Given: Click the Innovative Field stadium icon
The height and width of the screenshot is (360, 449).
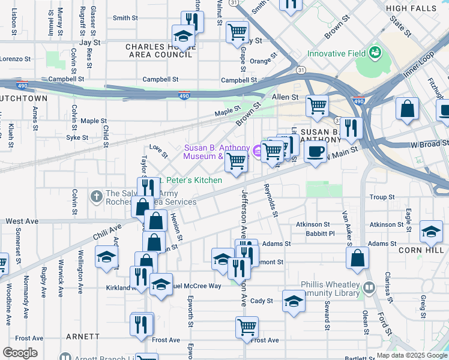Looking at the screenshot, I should coord(376,53).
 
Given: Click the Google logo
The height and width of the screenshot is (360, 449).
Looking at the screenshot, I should coord(20,353).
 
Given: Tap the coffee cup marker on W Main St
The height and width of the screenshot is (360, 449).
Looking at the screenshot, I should coord(315,151).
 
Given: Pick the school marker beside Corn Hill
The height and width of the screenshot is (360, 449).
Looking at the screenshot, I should coord(431,231).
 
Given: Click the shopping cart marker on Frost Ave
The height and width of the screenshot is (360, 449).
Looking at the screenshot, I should coord(247,327).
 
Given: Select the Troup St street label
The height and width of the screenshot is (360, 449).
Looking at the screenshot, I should coord(382,197).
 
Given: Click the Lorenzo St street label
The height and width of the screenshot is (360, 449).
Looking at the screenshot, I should coord(15,59).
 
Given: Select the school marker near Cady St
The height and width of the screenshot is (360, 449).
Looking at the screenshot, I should coord(293,301).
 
